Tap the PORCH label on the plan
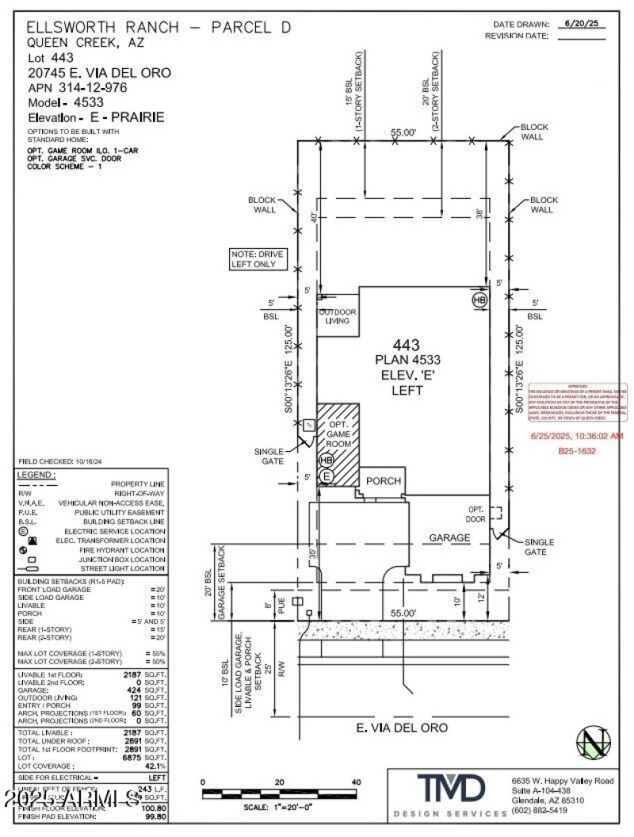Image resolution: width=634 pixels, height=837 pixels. coord(383,481)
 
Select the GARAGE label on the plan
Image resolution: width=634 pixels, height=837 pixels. coord(450,537)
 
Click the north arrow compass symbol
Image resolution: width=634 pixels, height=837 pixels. coord(594,743)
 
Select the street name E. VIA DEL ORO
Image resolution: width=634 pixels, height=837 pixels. coord(402,727)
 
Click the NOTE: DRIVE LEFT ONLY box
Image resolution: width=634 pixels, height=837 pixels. coord(256,259)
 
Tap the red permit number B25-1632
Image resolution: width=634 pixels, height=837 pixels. coord(576,451)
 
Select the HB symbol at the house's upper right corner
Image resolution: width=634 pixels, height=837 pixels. coord(479,300)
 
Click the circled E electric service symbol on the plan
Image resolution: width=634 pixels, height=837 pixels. coord(326,476)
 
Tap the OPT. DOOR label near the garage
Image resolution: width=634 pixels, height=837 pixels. coord(476,514)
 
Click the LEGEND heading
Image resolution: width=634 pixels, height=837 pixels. coord(36,474)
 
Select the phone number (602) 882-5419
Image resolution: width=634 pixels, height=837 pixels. coord(539,810)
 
